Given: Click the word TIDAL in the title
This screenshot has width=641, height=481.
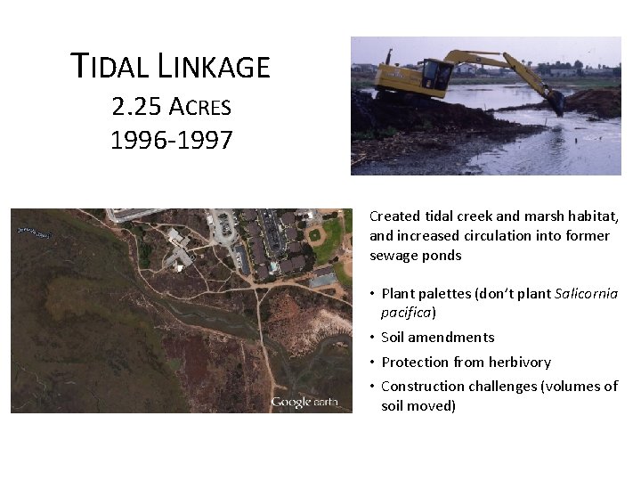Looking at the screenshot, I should point(112,66).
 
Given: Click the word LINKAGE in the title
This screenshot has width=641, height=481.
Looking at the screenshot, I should point(214,66).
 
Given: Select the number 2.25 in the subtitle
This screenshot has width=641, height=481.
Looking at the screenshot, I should point(137,107).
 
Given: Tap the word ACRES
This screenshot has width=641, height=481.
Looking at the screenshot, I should point(199,108).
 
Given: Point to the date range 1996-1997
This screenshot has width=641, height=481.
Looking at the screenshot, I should point(171,140).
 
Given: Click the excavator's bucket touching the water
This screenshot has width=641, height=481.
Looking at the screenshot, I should point(556,102).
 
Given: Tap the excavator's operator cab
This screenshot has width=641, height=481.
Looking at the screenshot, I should point(435,74).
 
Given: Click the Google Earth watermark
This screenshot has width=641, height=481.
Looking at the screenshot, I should point(304,402).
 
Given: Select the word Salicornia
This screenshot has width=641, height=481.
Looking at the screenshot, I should point(586,293).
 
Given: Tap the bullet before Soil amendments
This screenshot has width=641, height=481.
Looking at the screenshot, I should point(373,338).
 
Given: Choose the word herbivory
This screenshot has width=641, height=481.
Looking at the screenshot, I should point(519,362).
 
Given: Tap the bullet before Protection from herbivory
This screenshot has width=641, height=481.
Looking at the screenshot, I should point(373,363).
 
